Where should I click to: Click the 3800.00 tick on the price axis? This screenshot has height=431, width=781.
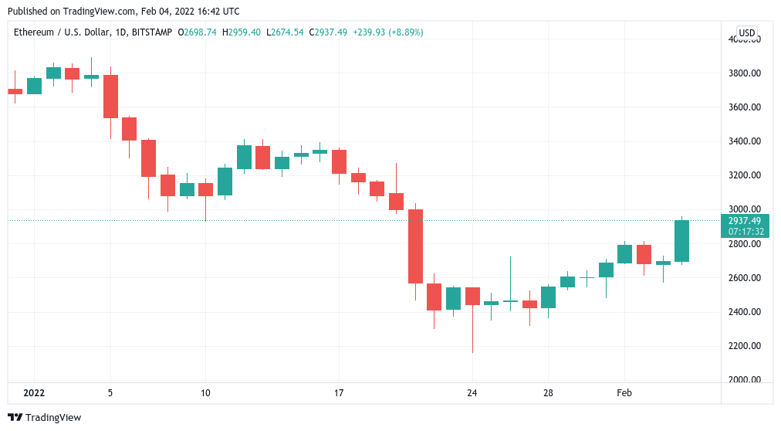pyautogui.click(x=745, y=73)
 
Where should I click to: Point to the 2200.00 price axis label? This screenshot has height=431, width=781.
pyautogui.click(x=745, y=345)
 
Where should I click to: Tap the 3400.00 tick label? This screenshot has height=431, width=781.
pyautogui.click(x=745, y=141)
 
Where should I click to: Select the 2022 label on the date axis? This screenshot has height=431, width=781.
pyautogui.click(x=34, y=393)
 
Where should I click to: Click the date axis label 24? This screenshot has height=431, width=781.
pyautogui.click(x=472, y=393)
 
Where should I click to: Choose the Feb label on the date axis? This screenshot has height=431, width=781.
pyautogui.click(x=624, y=393)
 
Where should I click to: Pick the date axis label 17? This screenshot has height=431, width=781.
pyautogui.click(x=339, y=393)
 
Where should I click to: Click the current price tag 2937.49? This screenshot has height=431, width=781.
pyautogui.click(x=745, y=221)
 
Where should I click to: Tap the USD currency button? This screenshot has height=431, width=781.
pyautogui.click(x=746, y=32)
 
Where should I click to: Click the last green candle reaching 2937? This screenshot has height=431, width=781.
pyautogui.click(x=681, y=241)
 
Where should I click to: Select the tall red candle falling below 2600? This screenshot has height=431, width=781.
pyautogui.click(x=415, y=246)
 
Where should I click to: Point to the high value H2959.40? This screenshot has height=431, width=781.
pyautogui.click(x=241, y=32)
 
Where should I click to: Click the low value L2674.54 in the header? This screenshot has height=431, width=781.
pyautogui.click(x=285, y=32)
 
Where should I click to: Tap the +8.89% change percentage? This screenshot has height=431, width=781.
pyautogui.click(x=405, y=32)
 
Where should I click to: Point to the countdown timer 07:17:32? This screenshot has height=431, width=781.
pyautogui.click(x=745, y=232)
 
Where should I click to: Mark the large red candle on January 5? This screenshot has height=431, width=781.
pyautogui.click(x=110, y=97)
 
